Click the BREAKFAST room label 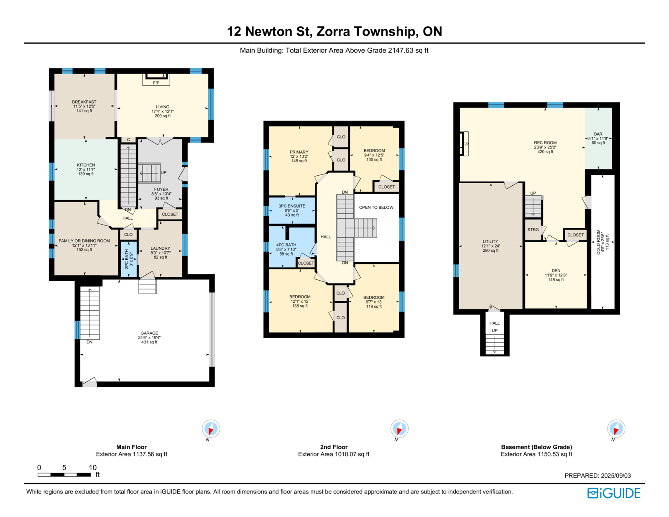pos(84,102)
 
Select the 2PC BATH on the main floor pos(128,259)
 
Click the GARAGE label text pos(149,333)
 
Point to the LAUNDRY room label pos(161,248)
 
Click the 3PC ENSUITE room pos(292,210)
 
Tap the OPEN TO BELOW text pos(376,207)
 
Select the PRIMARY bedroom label pos(299,152)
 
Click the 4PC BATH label pos(286,245)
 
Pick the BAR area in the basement pos(598,138)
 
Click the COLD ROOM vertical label pos(598,242)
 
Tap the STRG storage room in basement pos(533,230)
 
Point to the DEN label pos(556,270)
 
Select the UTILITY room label pos(490,241)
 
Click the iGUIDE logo pos(613,493)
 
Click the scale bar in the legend pos(64,474)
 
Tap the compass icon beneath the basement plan pos(616,428)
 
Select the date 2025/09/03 pos(616,476)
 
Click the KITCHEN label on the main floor pos(86,165)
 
